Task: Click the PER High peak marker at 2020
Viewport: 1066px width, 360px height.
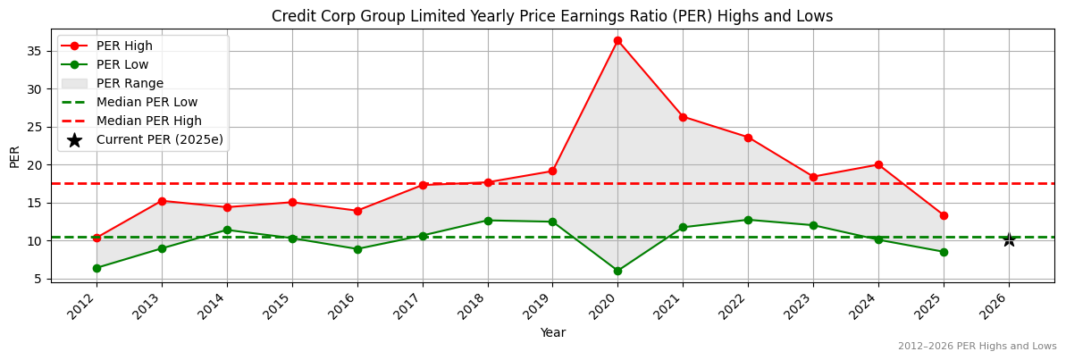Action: (617, 40)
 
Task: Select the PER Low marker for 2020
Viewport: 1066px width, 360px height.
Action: (617, 271)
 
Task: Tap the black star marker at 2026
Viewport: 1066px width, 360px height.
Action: (1009, 239)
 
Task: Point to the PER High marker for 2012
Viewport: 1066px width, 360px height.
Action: (97, 238)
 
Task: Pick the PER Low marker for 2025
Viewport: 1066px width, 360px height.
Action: (944, 252)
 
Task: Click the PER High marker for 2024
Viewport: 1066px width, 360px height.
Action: (878, 164)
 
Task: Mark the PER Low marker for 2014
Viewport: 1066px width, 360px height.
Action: (227, 230)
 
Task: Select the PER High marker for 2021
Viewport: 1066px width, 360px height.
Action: (683, 117)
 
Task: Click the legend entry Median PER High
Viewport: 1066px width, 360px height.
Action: (148, 121)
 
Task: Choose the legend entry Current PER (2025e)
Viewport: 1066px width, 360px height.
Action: (160, 139)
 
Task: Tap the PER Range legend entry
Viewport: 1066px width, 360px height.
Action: (130, 83)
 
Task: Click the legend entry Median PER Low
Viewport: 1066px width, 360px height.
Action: (147, 102)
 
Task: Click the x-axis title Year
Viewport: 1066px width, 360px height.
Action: (552, 332)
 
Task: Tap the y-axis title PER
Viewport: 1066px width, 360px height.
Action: (14, 156)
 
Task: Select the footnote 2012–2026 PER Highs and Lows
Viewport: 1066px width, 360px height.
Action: (977, 346)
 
